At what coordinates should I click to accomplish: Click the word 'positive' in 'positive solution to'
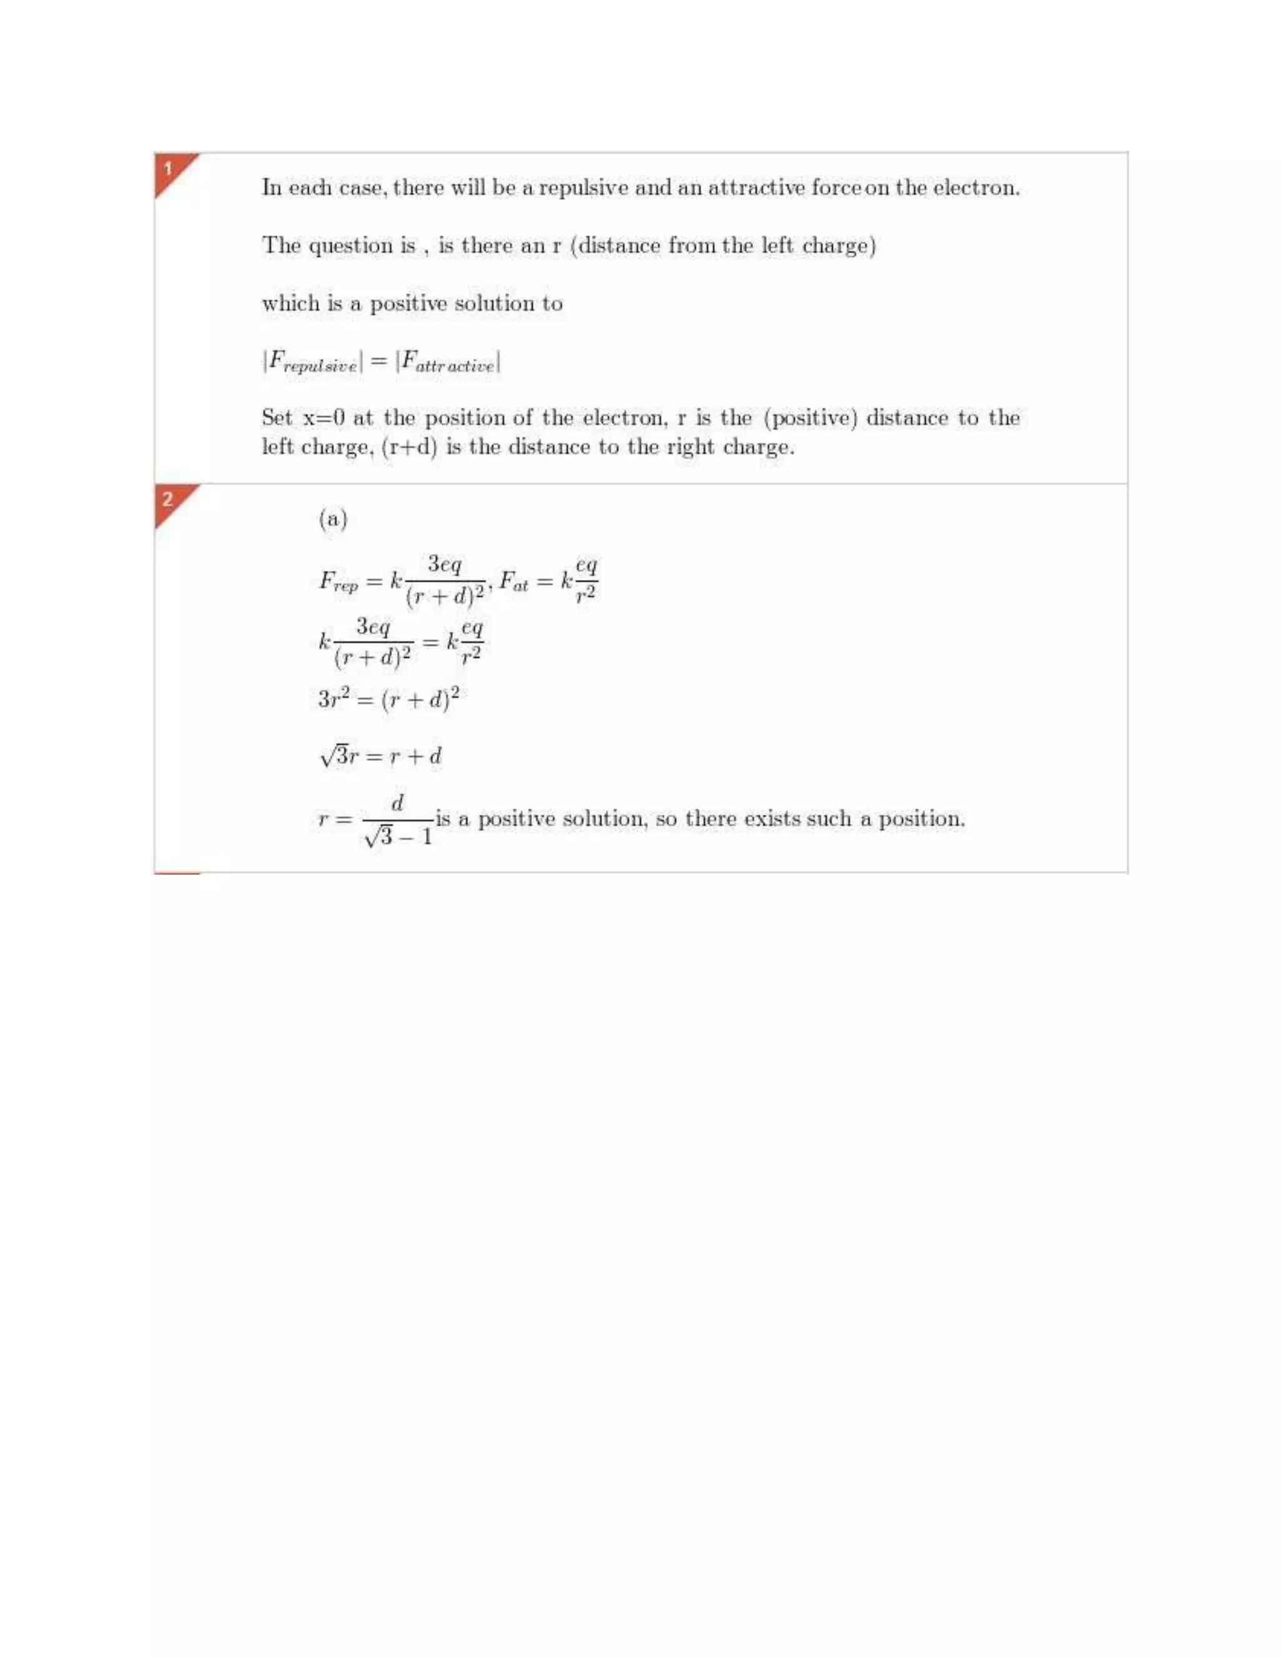click(408, 303)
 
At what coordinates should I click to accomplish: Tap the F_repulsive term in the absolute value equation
click(312, 362)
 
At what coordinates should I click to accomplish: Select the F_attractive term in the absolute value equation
click(448, 362)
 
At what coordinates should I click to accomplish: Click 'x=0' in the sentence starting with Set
click(324, 417)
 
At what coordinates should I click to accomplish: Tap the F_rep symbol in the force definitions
click(338, 582)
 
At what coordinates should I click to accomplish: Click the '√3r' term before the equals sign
click(338, 756)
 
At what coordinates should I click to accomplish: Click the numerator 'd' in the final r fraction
click(397, 803)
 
